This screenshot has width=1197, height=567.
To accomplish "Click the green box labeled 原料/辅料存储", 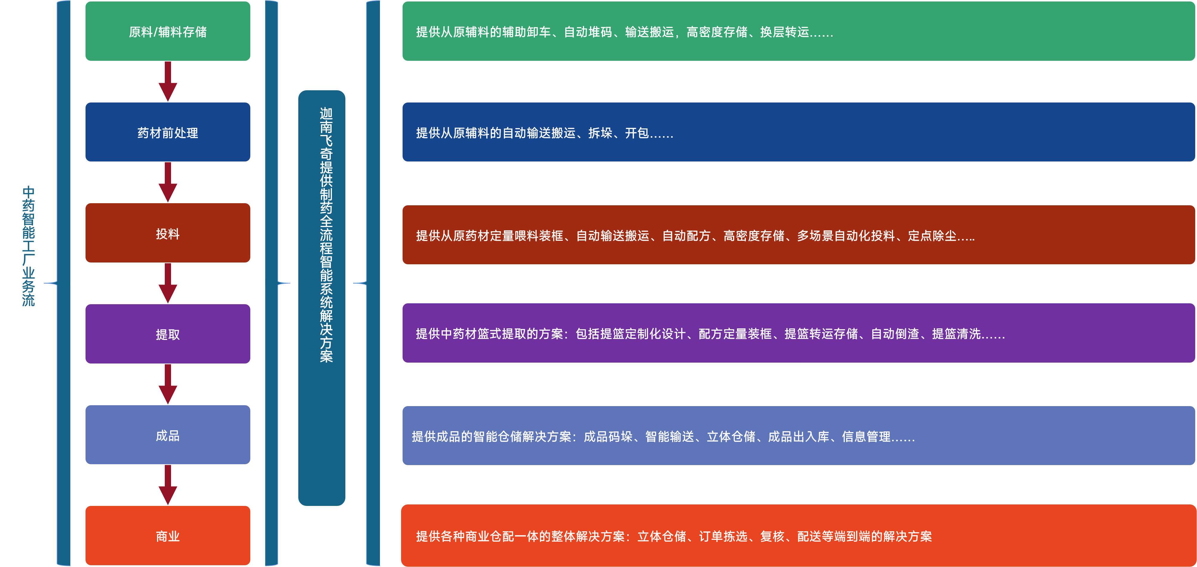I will [x=168, y=32].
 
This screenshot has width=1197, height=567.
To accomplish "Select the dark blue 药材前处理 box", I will [x=168, y=133].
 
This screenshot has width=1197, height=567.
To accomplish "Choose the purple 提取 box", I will [x=168, y=334].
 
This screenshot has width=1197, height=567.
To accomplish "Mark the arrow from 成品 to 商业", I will [x=168, y=485].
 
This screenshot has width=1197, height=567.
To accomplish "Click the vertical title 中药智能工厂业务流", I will [x=28, y=246].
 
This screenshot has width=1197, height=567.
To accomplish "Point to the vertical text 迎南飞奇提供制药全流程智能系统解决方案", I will [x=326, y=235].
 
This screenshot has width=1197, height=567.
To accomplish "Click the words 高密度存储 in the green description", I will [x=717, y=32].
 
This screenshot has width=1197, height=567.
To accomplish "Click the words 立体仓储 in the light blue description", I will [x=731, y=437].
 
